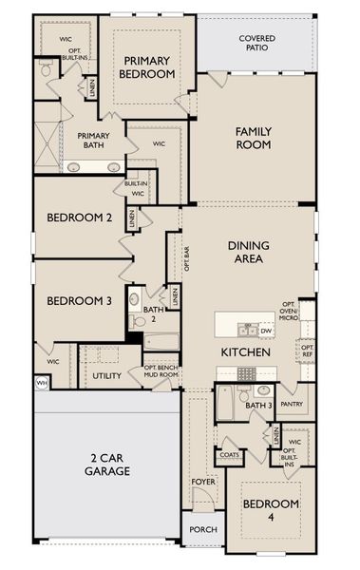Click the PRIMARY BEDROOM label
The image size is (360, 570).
(x=147, y=66)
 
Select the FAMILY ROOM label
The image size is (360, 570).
(x=254, y=138)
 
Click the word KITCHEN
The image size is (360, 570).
(x=247, y=352)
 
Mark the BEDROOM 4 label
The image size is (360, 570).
(x=270, y=509)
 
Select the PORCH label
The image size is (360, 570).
(x=203, y=529)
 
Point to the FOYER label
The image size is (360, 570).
(x=203, y=481)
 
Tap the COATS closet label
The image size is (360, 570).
(x=229, y=454)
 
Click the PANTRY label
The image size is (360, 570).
(x=293, y=404)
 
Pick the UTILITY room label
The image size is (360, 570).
(x=106, y=376)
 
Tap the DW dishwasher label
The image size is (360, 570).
(x=266, y=331)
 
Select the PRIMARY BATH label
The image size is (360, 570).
(x=94, y=141)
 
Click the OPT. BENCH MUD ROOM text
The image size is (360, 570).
(x=161, y=371)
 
